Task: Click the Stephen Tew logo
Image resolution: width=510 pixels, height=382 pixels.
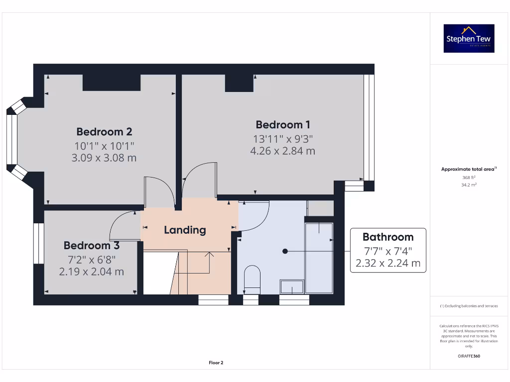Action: [x=469, y=38]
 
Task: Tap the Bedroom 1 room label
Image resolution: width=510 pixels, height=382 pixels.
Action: [x=283, y=124]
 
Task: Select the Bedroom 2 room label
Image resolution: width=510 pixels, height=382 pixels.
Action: [x=104, y=132]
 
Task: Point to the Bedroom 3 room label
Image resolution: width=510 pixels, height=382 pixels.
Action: [x=91, y=245]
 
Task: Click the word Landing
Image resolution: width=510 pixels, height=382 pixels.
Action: [x=185, y=230]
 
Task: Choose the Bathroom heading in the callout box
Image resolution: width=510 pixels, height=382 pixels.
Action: [x=387, y=237]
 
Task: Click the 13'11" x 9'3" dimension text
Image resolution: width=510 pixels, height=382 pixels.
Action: [x=283, y=139]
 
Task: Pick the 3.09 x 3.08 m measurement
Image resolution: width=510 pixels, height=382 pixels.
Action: [x=104, y=158]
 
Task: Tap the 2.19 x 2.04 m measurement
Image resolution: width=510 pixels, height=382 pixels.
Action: [x=91, y=272]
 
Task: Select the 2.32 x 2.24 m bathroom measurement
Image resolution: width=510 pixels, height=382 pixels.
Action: [x=387, y=263]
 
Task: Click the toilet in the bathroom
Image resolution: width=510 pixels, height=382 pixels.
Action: [x=253, y=279]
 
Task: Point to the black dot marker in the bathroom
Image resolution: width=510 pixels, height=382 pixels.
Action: [x=285, y=251]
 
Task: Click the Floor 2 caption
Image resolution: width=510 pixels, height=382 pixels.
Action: [x=216, y=363]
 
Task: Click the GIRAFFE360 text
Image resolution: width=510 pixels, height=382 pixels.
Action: [x=468, y=356]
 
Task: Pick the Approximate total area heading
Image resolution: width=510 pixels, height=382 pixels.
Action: [x=468, y=169]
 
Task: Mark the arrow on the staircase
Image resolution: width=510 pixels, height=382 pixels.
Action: [x=209, y=255]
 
